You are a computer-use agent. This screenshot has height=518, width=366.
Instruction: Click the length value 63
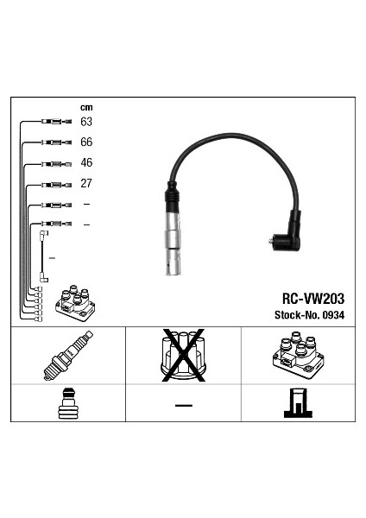coord(86,122)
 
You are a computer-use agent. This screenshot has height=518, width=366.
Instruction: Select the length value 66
coord(86,142)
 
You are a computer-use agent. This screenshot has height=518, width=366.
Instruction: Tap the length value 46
coord(86,162)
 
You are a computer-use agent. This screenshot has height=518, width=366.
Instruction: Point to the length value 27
coord(85,183)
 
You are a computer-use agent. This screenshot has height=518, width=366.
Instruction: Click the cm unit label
coord(86,107)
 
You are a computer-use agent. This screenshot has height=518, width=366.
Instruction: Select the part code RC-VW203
coord(313,299)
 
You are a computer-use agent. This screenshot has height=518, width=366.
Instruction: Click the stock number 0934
coord(333,315)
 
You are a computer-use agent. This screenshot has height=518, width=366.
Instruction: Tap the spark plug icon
coord(68,355)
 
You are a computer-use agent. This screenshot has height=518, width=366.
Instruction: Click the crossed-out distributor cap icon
coord(183,356)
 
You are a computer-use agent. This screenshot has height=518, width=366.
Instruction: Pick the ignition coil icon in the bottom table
coord(298,356)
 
